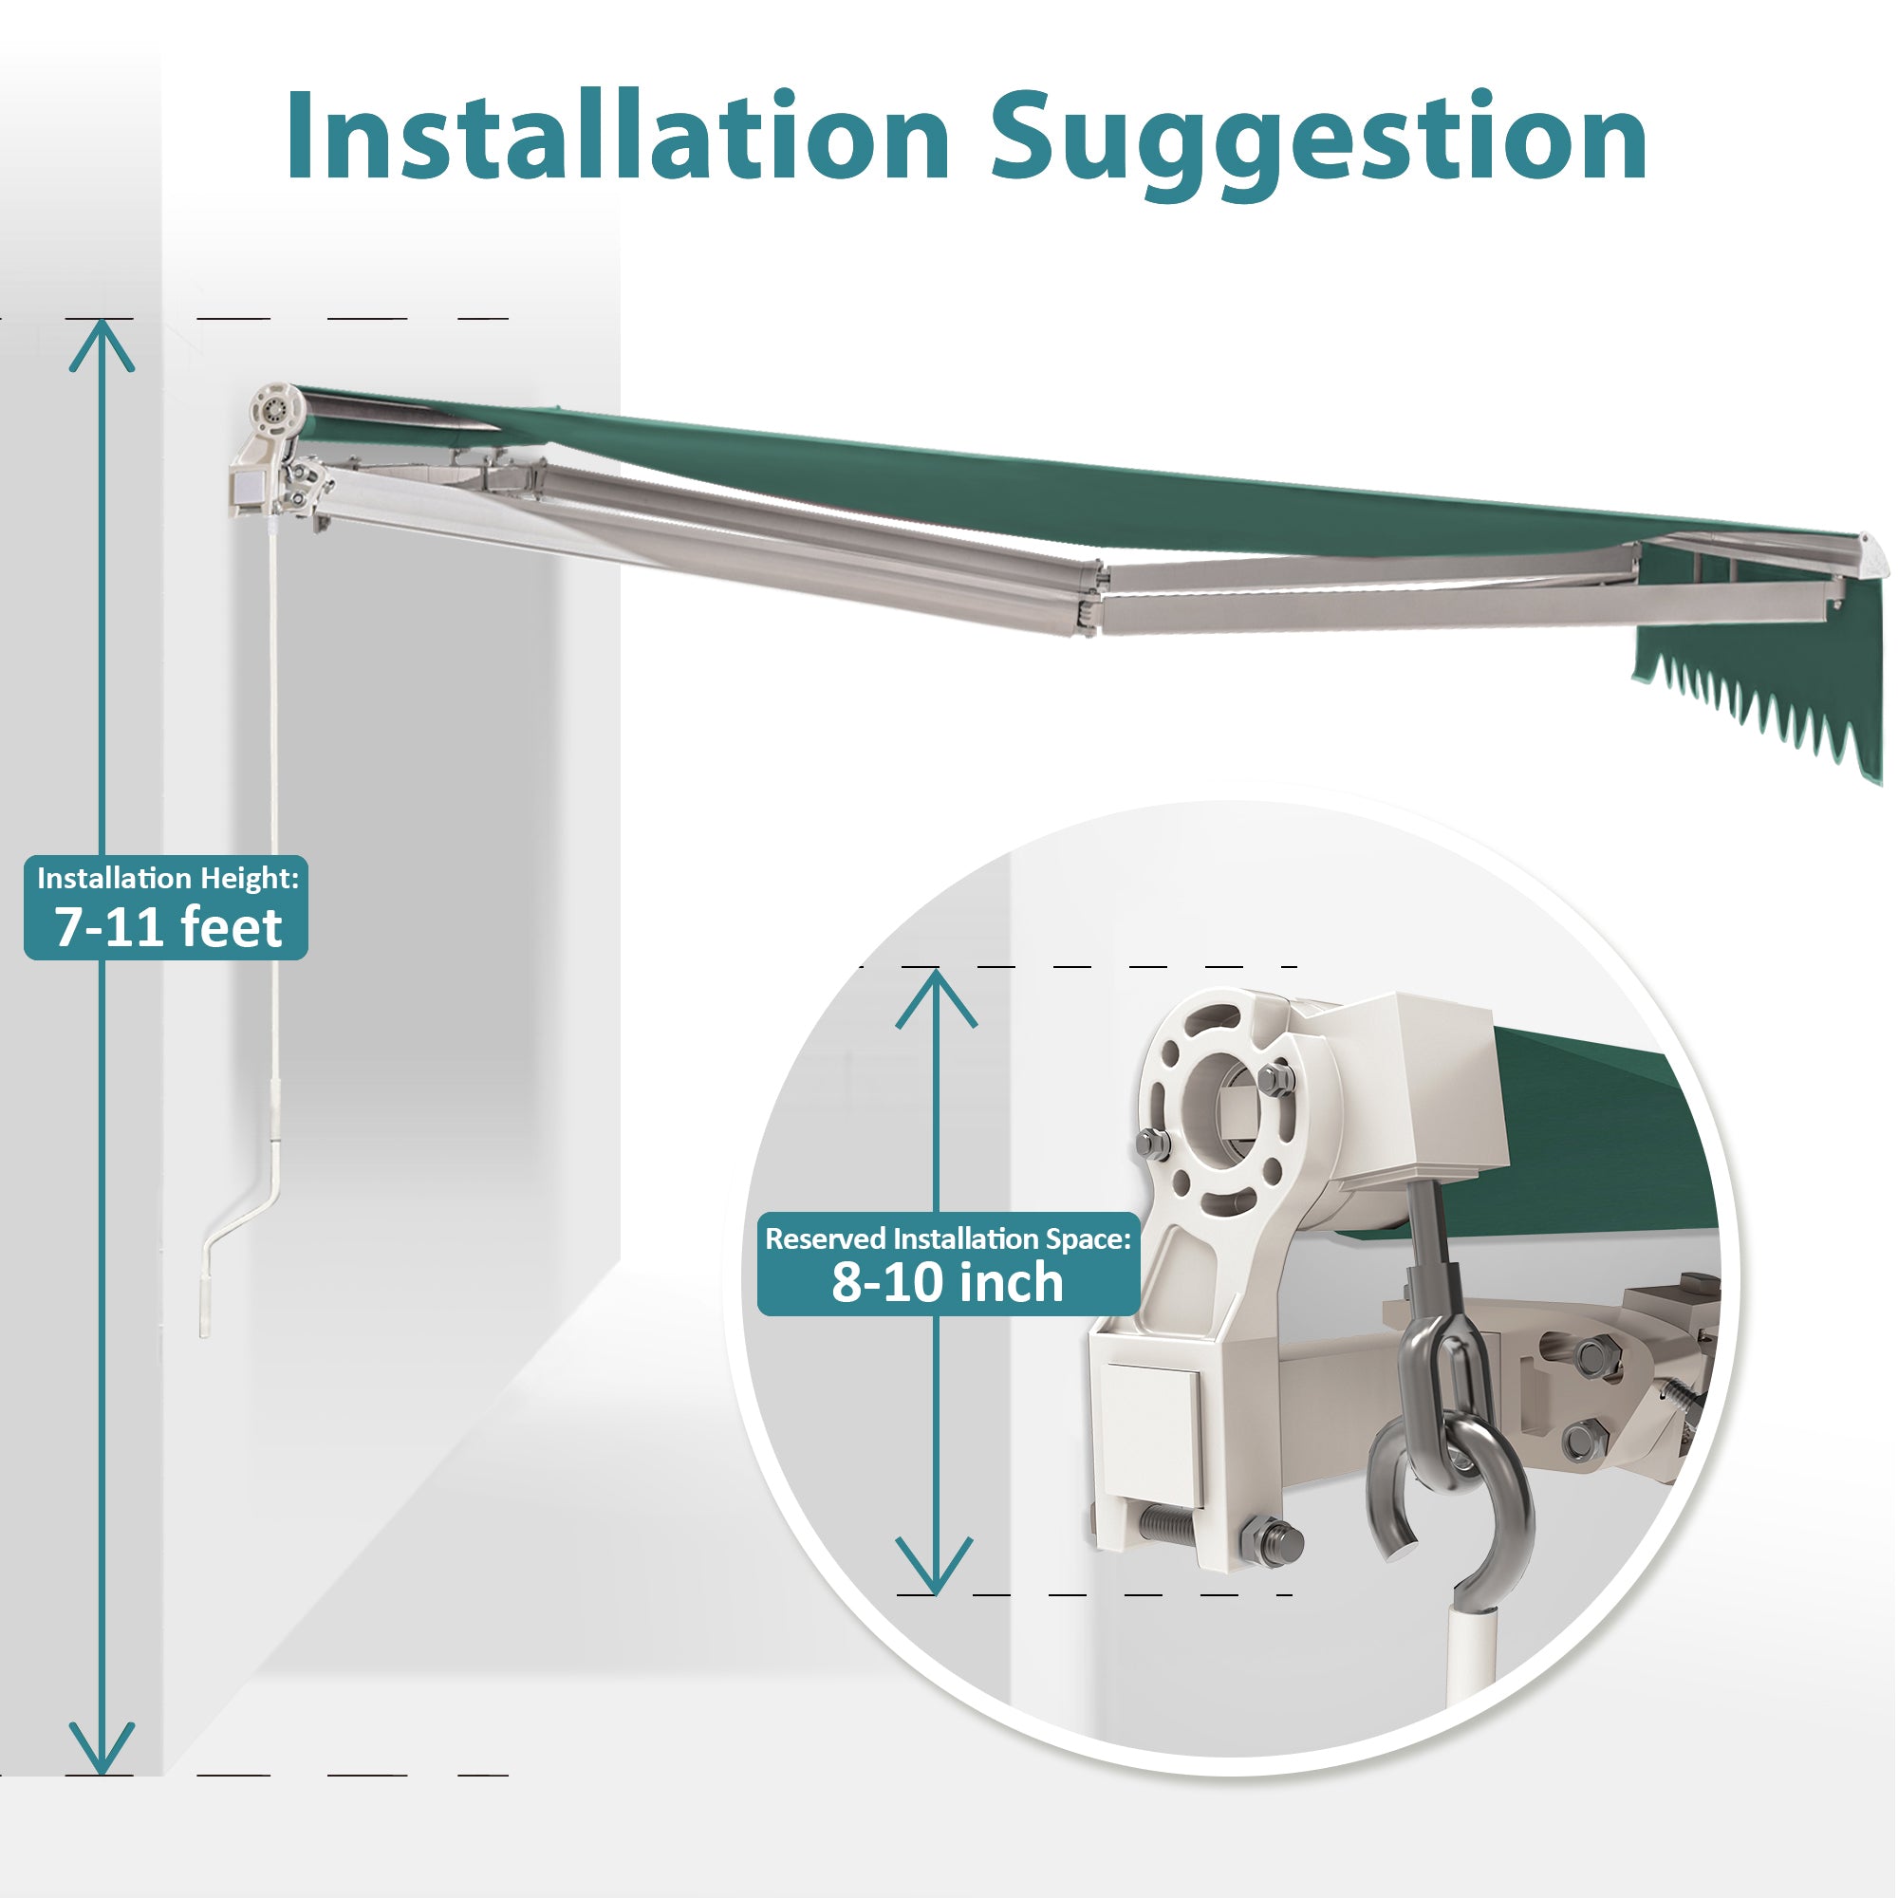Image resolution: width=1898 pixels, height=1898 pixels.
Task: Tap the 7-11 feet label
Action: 168,927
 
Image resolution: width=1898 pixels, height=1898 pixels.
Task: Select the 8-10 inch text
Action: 948,1282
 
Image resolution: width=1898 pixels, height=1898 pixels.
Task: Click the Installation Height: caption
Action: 168,877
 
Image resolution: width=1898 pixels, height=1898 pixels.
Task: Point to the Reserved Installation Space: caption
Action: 948,1238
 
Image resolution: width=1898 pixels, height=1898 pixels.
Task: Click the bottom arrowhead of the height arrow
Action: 102,1750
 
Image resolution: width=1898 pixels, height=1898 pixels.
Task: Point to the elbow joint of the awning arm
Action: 1092,598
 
